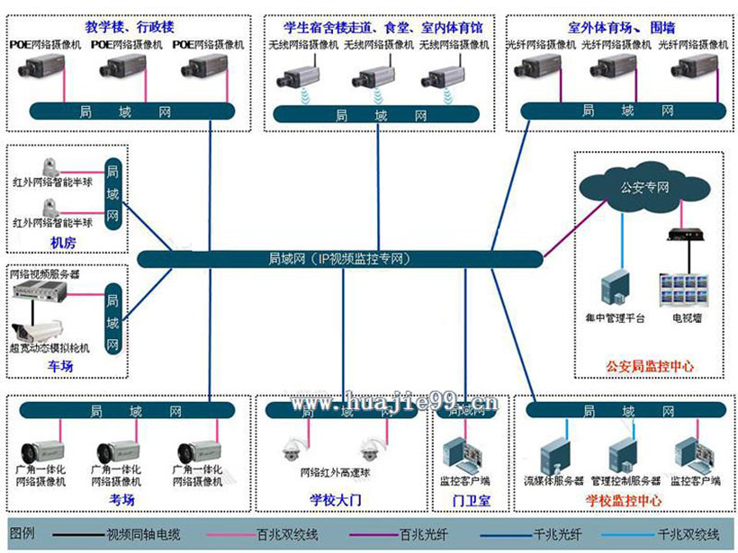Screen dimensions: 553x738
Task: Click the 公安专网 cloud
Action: tap(644, 187)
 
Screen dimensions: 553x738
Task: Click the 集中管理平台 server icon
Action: tap(618, 289)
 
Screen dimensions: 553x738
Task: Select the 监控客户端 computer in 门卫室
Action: tap(464, 454)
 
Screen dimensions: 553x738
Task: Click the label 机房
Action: tap(61, 243)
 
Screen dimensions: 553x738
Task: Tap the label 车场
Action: tap(61, 366)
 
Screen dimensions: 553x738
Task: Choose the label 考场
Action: tap(122, 500)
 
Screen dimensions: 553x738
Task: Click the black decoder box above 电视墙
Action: tap(683, 236)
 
